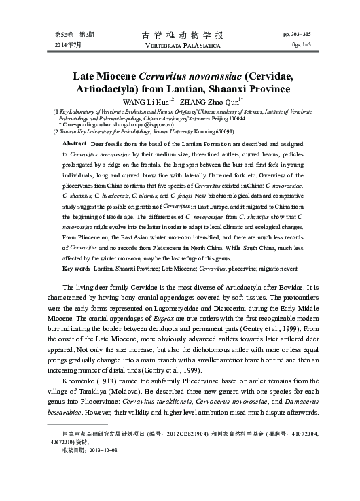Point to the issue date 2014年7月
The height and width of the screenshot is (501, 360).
coord(69,44)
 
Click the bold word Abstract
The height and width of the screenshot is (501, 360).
coord(74,145)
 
